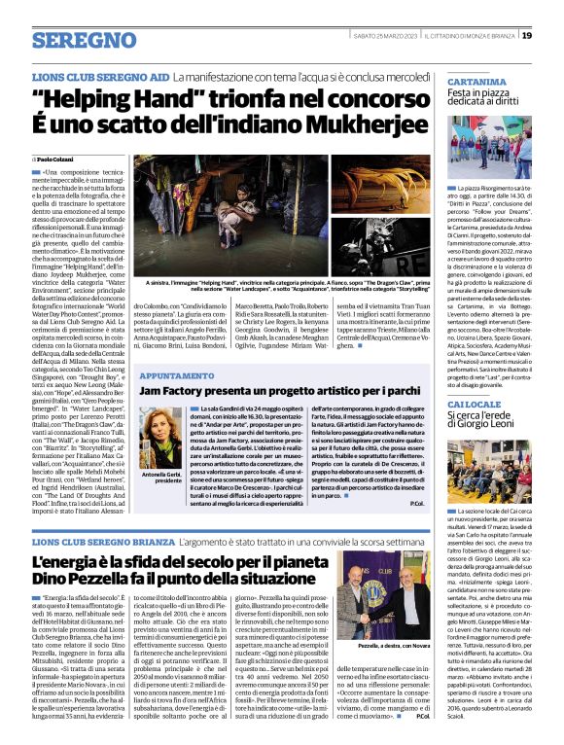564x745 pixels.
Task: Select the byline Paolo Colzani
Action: pyautogui.click(x=56, y=159)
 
